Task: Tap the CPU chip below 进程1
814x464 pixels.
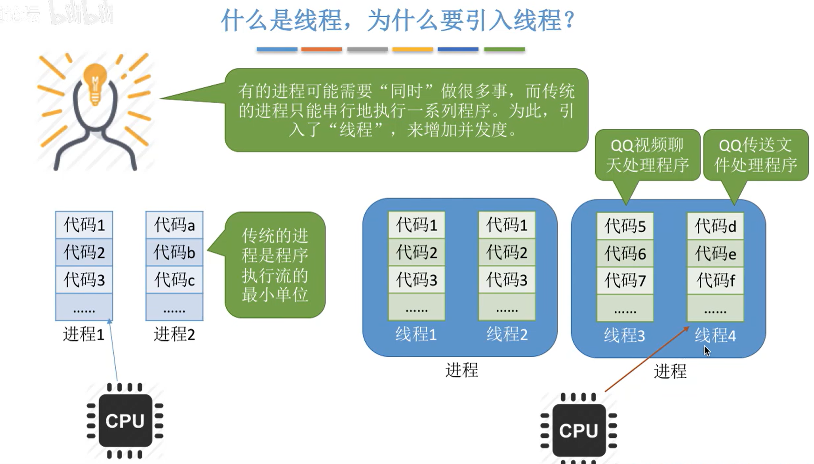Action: point(125,421)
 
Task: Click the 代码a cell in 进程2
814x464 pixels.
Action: point(174,225)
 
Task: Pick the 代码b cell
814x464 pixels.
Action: point(174,252)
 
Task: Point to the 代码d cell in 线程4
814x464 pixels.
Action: point(715,226)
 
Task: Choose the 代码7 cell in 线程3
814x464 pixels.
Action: point(625,281)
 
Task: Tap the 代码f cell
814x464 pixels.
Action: point(715,281)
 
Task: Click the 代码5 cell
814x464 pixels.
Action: point(625,226)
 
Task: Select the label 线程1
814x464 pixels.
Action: point(416,334)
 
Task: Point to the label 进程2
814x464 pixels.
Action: point(174,334)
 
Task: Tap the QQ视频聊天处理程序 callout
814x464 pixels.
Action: point(647,155)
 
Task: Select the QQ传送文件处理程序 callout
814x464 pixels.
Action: point(756,155)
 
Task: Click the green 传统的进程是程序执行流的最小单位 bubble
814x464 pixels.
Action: point(275,265)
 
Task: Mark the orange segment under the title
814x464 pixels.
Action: point(321,49)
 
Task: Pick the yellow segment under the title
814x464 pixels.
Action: point(412,49)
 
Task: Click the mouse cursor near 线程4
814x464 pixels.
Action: point(707,351)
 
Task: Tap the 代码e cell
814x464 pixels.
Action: point(715,254)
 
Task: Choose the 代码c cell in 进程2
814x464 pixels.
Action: point(174,280)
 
